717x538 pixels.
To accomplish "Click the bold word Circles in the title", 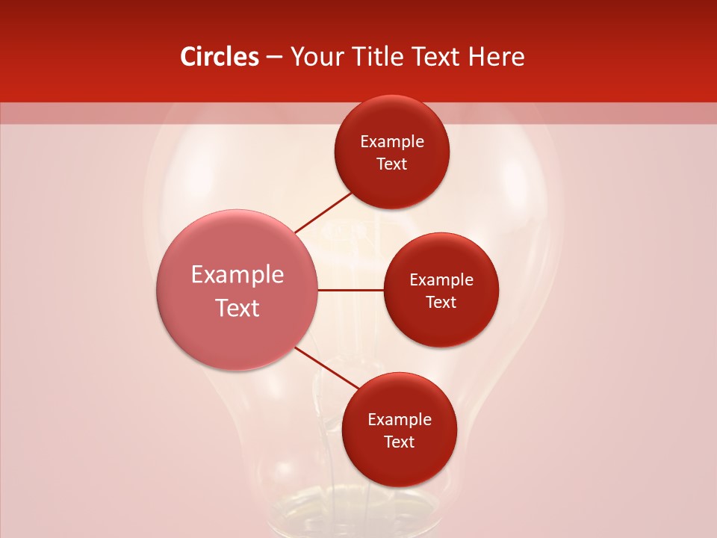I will coord(220,57).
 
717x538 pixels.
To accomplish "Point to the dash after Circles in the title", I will coord(274,58).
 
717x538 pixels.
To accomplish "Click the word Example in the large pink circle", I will coord(238,275).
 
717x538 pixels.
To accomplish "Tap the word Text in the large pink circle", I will coord(238,308).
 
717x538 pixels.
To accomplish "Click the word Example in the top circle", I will coord(392,142).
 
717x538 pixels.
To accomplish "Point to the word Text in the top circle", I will coord(392,164).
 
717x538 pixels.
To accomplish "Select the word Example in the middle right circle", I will coord(441,280).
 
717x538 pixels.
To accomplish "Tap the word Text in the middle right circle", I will coord(441,303).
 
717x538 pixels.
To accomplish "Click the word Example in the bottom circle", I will coord(400,420).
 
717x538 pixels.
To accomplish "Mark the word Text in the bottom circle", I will coord(400,442).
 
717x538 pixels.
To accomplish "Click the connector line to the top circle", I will coord(323,212).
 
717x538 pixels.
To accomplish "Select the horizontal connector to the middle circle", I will coord(351,290).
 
